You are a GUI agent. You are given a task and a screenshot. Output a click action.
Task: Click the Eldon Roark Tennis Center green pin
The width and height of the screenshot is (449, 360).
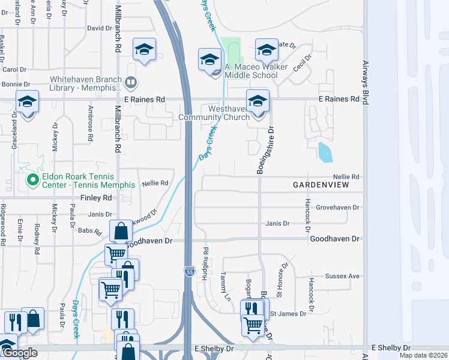(32, 179)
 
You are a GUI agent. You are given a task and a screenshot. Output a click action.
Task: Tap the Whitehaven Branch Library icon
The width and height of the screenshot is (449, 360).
(131, 82)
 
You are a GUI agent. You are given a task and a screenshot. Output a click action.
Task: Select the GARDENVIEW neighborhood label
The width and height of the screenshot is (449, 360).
(321, 185)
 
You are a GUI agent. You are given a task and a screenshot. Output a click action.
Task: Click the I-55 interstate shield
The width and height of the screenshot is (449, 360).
(188, 271)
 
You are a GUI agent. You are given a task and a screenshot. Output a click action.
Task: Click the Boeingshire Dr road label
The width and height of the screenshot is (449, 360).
(261, 151)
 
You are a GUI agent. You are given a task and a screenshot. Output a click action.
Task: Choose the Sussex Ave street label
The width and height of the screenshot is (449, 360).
(342, 276)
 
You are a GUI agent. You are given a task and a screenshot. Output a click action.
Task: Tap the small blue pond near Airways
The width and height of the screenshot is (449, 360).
(324, 152)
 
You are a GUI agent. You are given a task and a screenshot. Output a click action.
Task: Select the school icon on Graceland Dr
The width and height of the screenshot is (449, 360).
(27, 101)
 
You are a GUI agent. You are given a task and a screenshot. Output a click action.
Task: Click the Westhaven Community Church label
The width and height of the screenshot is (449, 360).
(214, 113)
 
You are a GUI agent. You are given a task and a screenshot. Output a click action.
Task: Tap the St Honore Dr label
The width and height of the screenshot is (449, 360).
(281, 280)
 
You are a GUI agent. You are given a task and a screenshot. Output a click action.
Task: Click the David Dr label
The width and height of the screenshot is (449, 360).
(100, 28)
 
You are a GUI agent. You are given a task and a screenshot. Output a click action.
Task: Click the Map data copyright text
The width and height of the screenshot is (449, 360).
(423, 355)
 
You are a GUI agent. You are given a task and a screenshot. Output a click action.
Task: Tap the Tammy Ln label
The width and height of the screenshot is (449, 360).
(225, 286)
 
